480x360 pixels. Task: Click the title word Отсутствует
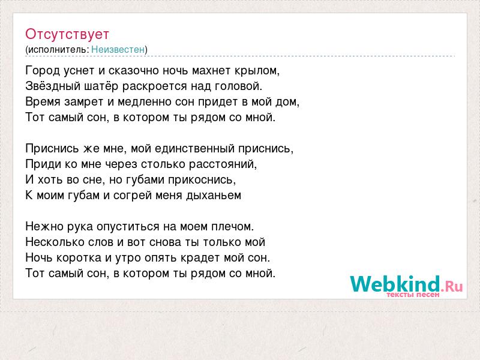67,34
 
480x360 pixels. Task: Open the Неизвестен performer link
118,49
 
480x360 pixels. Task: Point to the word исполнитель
58,50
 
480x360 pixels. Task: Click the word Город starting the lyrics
43,71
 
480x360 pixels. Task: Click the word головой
238,86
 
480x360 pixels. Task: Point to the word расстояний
223,164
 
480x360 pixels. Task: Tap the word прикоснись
202,179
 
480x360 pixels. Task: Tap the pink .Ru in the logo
452,286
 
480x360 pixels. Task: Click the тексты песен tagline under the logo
413,295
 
